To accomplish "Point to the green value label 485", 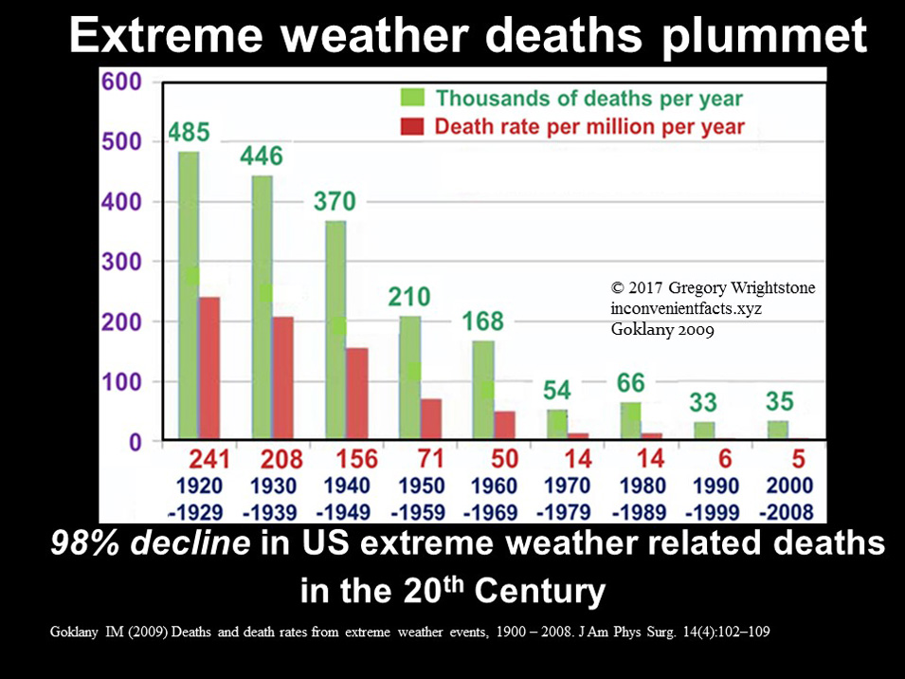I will (190, 132).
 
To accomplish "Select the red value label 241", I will (209, 459).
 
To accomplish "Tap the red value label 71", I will (430, 459).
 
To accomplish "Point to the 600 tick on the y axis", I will (122, 83).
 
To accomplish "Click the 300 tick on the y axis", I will (122, 262).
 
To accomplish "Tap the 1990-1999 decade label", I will (715, 499).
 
